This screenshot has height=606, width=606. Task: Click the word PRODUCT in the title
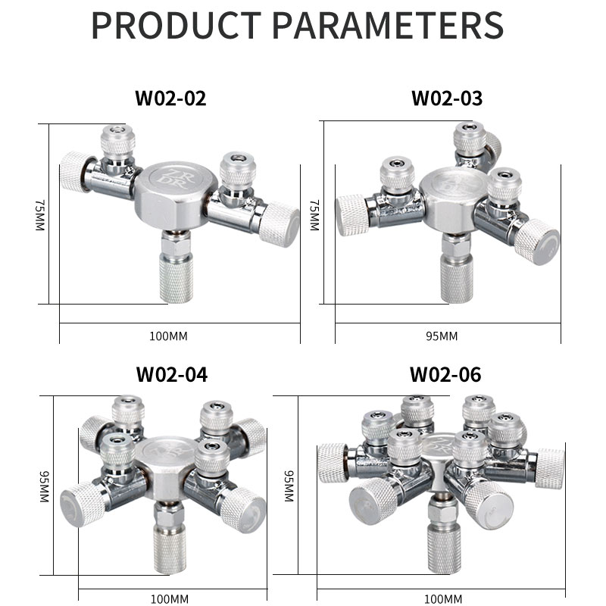tap(176, 25)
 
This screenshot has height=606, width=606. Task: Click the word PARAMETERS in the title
tap(388, 25)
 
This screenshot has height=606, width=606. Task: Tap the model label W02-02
tap(170, 98)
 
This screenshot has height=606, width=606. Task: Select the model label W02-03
tap(447, 98)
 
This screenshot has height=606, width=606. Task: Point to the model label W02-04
tap(172, 374)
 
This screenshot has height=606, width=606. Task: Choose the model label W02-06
tap(445, 374)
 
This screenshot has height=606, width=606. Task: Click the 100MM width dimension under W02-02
tap(168, 336)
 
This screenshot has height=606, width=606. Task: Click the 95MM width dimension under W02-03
tap(442, 336)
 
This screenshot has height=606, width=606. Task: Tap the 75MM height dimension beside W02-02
tap(40, 215)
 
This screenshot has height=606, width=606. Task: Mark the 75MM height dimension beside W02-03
tap(314, 215)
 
